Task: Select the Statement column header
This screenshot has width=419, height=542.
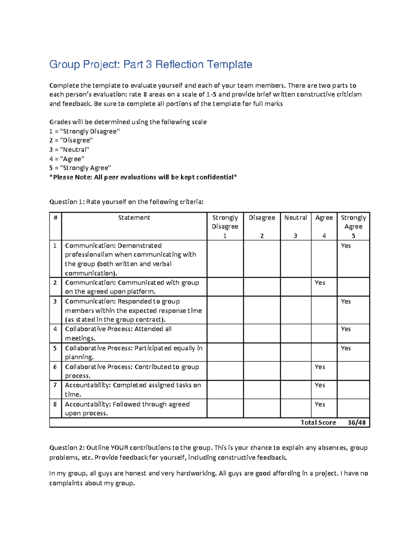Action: pyautogui.click(x=134, y=218)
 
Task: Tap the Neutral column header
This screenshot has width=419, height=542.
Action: pyautogui.click(x=295, y=218)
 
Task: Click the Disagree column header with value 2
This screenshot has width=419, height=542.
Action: pyautogui.click(x=262, y=226)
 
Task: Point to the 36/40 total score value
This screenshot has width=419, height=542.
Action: pyautogui.click(x=356, y=423)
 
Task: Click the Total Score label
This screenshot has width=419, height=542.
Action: pyautogui.click(x=318, y=423)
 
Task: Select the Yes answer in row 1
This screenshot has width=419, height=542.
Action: pyautogui.click(x=346, y=246)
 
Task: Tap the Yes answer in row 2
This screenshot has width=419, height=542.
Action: pyautogui.click(x=320, y=283)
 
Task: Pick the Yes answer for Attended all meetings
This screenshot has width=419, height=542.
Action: pyautogui.click(x=346, y=329)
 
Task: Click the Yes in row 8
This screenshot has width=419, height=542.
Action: pyautogui.click(x=320, y=404)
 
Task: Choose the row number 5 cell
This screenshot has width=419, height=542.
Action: pyautogui.click(x=55, y=348)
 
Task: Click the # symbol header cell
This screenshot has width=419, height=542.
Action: pyautogui.click(x=55, y=218)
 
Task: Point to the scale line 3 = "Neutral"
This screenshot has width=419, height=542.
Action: pyautogui.click(x=69, y=150)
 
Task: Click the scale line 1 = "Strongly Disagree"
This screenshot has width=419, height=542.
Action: pyautogui.click(x=84, y=132)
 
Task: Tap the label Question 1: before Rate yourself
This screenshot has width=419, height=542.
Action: pyautogui.click(x=67, y=202)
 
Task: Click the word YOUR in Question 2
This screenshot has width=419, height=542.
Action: pyautogui.click(x=119, y=448)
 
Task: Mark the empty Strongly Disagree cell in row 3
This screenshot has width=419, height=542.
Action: pyautogui.click(x=225, y=310)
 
